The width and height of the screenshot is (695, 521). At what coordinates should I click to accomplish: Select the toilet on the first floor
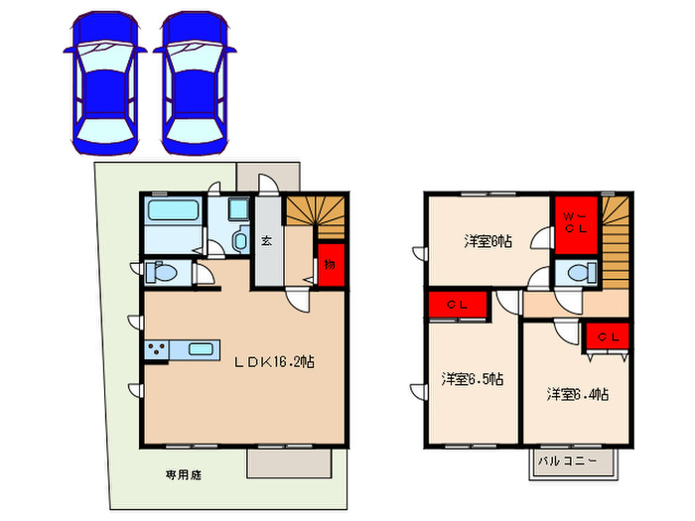(x=162, y=272)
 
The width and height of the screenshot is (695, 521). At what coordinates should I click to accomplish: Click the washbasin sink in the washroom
(x=238, y=241)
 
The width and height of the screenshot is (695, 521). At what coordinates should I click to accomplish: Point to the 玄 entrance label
(x=267, y=240)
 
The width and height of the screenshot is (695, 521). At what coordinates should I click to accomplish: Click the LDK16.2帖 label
(x=275, y=363)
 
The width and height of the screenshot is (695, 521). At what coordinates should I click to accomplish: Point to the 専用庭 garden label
(x=184, y=475)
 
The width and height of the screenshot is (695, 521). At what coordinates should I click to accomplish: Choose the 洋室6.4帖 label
(x=577, y=394)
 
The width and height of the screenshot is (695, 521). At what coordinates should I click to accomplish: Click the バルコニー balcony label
(x=568, y=461)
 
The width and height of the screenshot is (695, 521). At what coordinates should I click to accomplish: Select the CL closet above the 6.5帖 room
(x=458, y=305)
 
